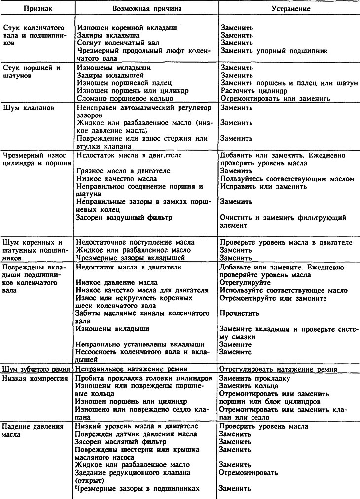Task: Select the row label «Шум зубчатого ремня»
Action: pyautogui.click(x=37, y=369)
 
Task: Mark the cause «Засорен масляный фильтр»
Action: pyautogui.click(x=121, y=442)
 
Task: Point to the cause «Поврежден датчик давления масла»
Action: pyautogui.click(x=137, y=434)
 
